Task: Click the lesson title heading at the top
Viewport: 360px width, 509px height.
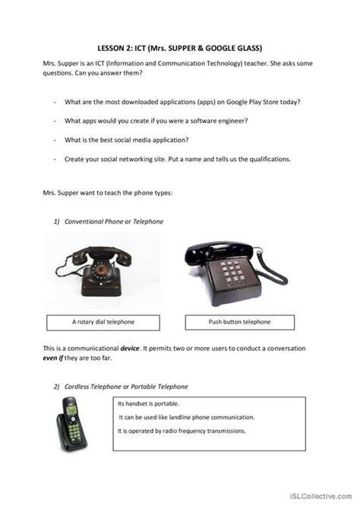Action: pyautogui.click(x=179, y=46)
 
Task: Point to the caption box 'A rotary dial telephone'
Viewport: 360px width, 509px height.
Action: pyautogui.click(x=103, y=321)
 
